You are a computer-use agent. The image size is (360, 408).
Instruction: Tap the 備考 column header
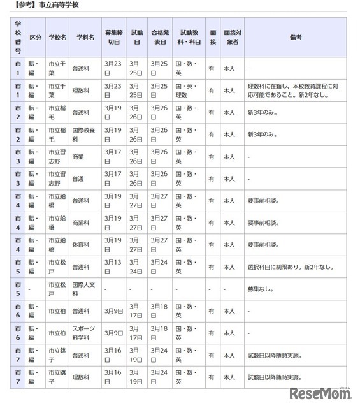(x=295, y=38)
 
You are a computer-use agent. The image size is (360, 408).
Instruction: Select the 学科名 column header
(x=85, y=38)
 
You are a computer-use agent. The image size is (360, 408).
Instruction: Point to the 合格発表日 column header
(x=159, y=38)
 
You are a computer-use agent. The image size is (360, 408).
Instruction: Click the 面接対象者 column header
(x=231, y=38)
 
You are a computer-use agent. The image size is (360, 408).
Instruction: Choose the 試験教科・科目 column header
(x=189, y=38)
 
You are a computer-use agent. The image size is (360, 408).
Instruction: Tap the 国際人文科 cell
(x=85, y=288)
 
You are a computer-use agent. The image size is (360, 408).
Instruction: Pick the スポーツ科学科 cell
(x=85, y=333)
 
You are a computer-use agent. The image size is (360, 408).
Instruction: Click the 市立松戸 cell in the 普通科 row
(x=57, y=266)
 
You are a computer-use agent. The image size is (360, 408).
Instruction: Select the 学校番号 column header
(x=18, y=38)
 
